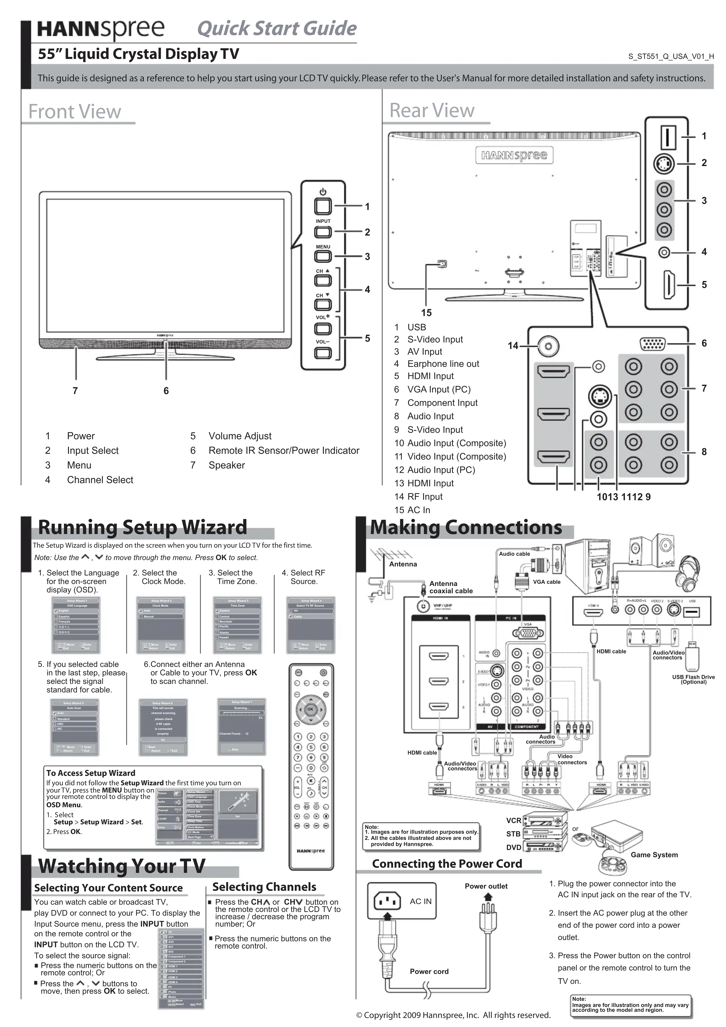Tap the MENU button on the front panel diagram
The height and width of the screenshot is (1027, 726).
tap(323, 256)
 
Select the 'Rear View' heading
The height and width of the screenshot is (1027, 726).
tap(432, 110)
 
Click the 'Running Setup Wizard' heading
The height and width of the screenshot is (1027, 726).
tap(142, 527)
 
